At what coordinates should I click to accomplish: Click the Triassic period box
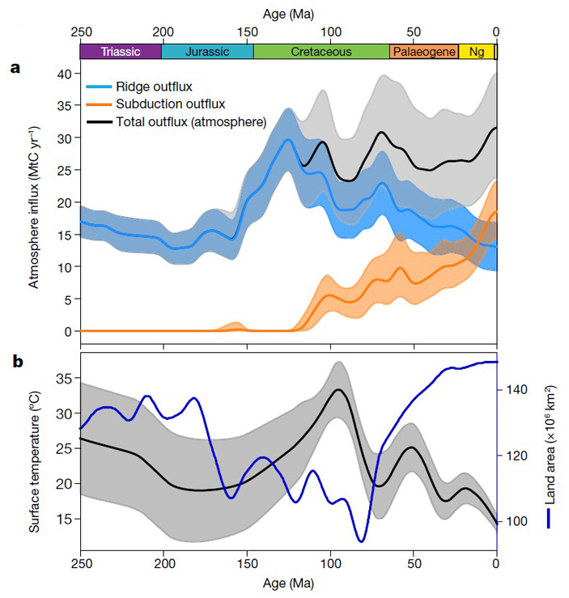point(121,52)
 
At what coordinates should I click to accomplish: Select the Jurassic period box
point(207,52)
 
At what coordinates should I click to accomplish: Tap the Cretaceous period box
point(321,52)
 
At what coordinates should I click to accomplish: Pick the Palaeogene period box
point(423,52)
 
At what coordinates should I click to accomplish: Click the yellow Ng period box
point(476,52)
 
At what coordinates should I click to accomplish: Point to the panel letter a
point(15,68)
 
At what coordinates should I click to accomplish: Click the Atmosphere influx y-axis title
point(35,207)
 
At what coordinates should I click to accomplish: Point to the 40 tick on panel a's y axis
point(63,74)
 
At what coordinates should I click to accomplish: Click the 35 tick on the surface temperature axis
point(63,378)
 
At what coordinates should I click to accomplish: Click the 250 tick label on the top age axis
point(80,31)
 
